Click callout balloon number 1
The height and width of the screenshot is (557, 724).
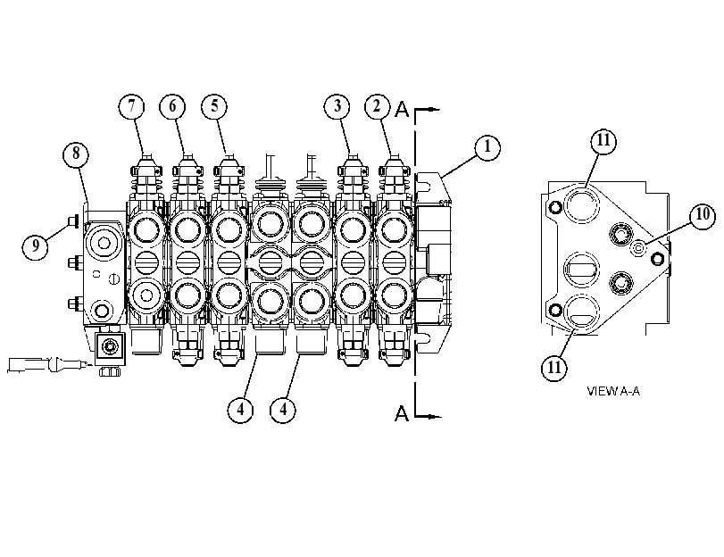tap(487, 147)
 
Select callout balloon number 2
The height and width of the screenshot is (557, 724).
tap(378, 106)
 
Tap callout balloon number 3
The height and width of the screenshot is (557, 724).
tap(337, 106)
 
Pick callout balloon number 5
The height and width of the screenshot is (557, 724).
tap(214, 106)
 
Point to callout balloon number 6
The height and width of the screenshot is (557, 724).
tap(172, 106)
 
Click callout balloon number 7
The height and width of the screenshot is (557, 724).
tap(131, 106)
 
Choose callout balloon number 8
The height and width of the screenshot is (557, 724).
tap(76, 154)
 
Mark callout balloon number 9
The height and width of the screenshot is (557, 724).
tap(35, 246)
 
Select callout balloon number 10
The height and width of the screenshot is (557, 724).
tap(703, 215)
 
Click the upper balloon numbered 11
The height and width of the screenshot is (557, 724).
tap(604, 140)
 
